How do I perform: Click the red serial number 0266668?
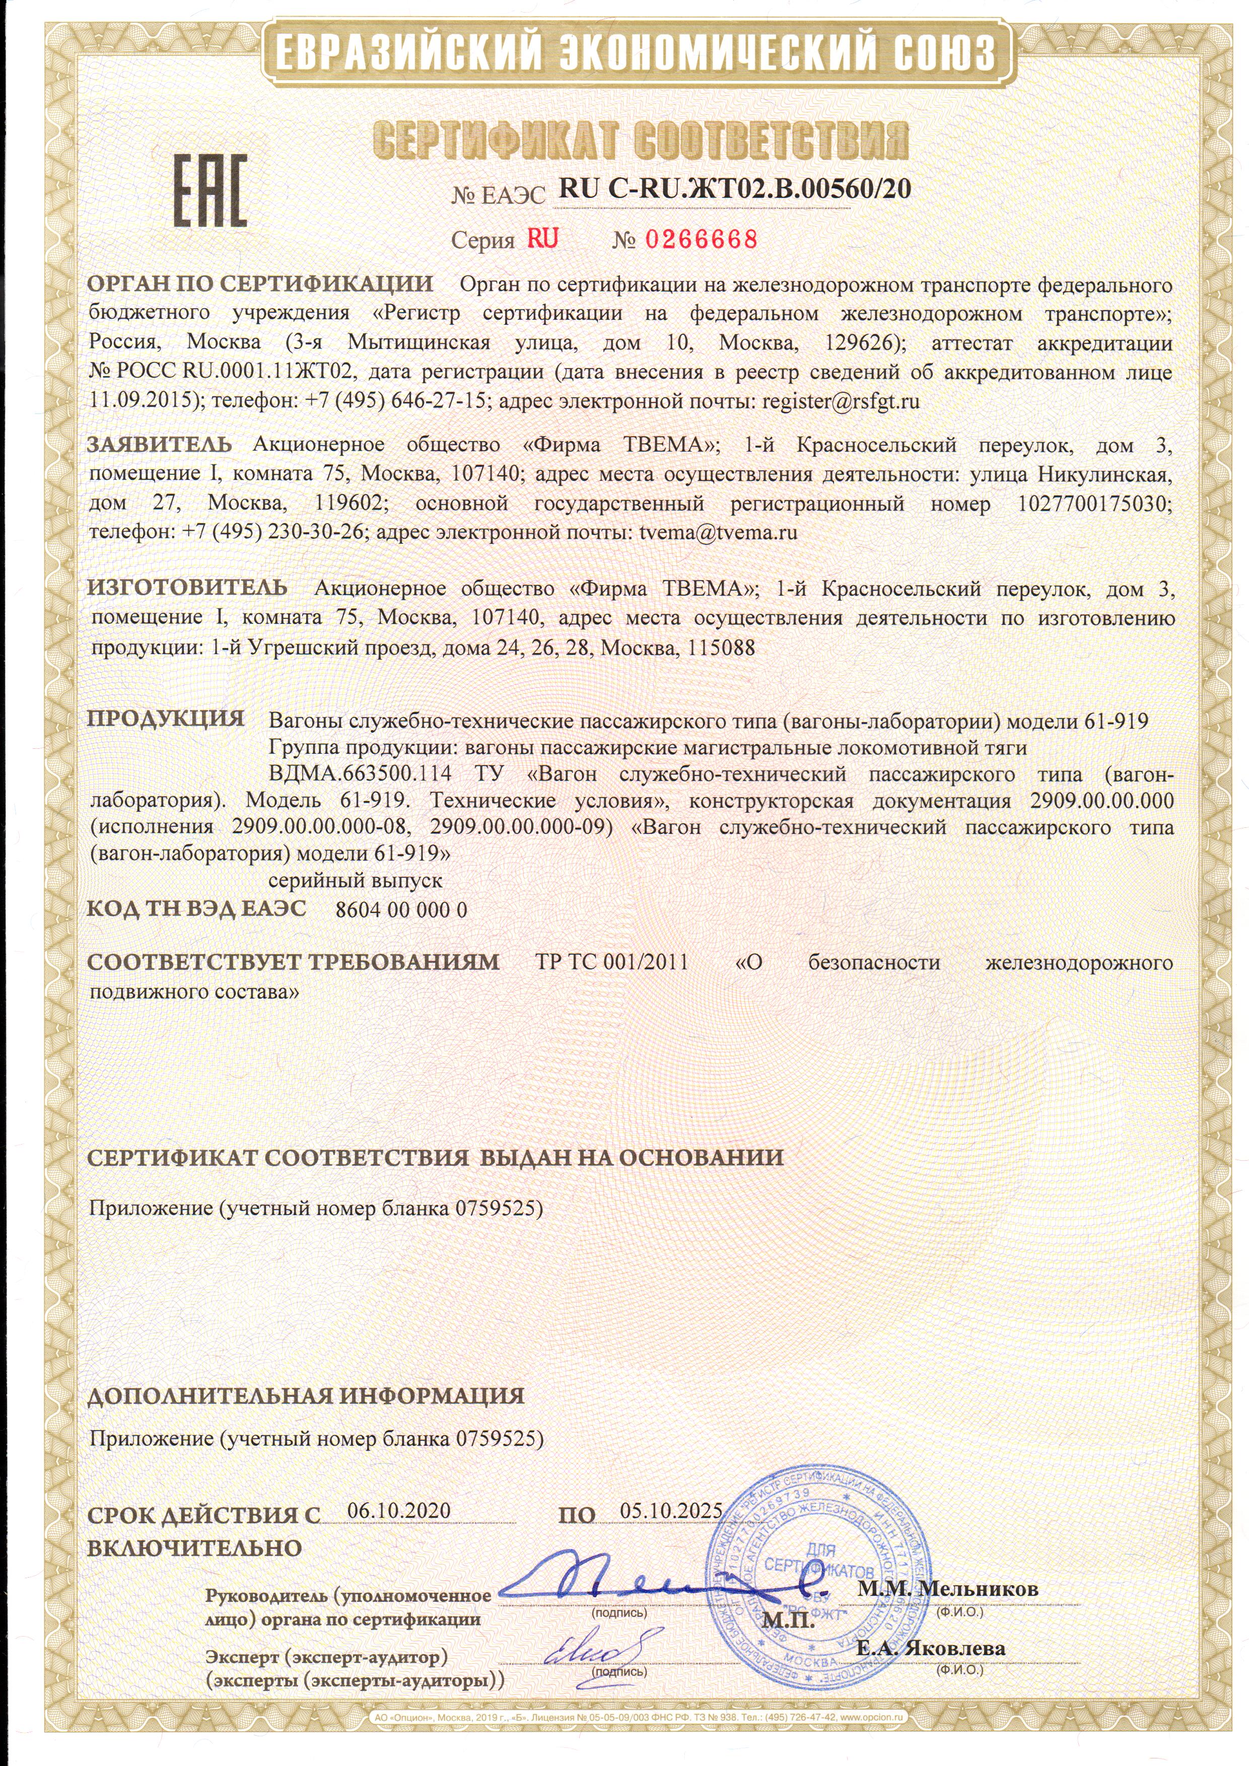tap(701, 240)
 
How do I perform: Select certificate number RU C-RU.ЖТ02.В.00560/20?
tap(734, 188)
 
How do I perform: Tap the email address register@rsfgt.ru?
tap(841, 401)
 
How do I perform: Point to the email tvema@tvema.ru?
tap(718, 532)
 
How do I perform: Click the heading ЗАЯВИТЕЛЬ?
tap(159, 445)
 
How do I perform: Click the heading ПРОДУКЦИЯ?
tap(165, 719)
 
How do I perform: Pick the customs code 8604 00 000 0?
tap(401, 910)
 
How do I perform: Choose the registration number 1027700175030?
tap(1095, 504)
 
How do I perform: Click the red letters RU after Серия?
tap(542, 239)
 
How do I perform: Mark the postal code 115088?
tap(721, 648)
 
